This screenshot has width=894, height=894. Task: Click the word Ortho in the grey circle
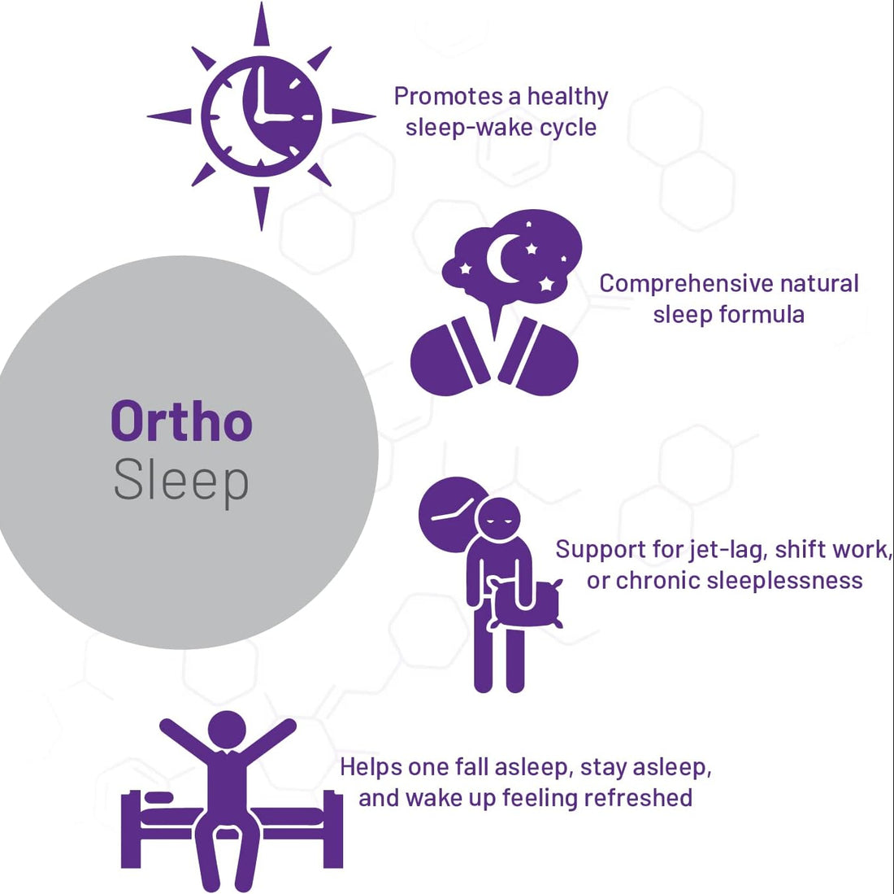pyautogui.click(x=181, y=421)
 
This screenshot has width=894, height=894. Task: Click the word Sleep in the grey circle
pyautogui.click(x=180, y=481)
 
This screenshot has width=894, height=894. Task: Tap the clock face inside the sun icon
pyautogui.click(x=261, y=116)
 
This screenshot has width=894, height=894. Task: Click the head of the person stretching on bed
pyautogui.click(x=227, y=729)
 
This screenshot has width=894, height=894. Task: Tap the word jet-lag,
pyautogui.click(x=726, y=549)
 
